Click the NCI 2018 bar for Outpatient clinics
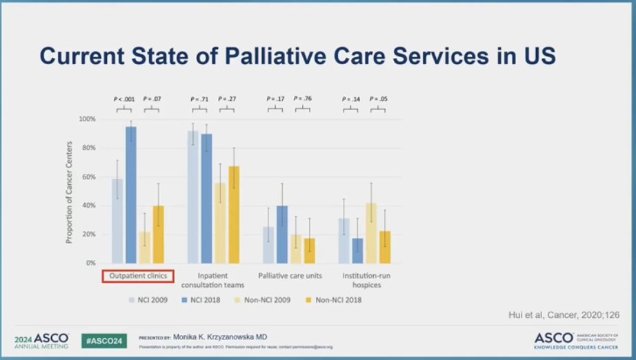click(131, 195)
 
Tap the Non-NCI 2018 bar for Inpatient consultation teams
click(235, 214)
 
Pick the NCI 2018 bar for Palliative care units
click(282, 234)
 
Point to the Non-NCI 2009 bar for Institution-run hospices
click(371, 233)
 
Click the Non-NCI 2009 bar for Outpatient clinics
click(146, 248)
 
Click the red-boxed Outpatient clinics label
click(139, 276)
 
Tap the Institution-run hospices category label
click(365, 280)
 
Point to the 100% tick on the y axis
click(86, 119)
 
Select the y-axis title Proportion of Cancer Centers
click(70, 191)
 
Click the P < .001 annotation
click(125, 99)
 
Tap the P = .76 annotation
click(303, 99)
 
